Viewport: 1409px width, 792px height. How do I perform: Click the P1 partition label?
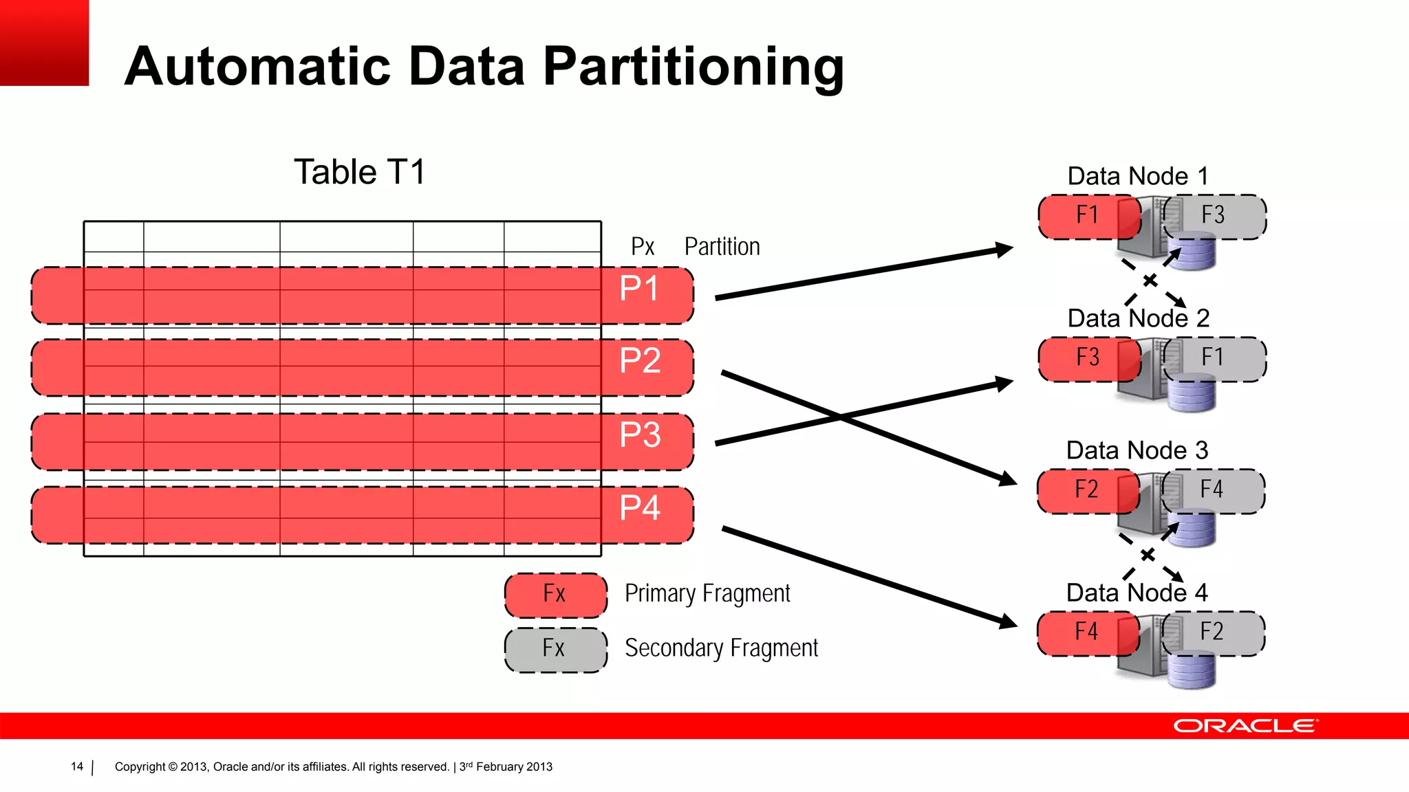tap(639, 289)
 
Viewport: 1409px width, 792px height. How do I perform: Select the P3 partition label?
tap(640, 435)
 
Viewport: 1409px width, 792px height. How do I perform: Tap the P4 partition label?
tap(640, 509)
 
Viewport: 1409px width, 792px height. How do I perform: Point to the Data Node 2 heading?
tap(1138, 319)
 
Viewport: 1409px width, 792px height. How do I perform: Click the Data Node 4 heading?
tap(1137, 593)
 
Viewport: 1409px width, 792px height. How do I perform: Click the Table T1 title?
tap(360, 173)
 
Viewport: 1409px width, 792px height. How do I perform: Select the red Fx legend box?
tap(556, 595)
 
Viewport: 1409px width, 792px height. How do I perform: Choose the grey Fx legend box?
tap(556, 649)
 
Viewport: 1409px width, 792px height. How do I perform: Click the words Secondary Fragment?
tap(721, 648)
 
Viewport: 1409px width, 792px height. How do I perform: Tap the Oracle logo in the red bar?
tap(1245, 726)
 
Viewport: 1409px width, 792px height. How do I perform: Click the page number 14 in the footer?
tap(77, 767)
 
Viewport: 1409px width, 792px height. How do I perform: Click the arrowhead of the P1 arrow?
tap(1004, 250)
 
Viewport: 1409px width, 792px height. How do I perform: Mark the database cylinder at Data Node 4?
tap(1192, 670)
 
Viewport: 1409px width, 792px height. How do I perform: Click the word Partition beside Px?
tap(722, 247)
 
